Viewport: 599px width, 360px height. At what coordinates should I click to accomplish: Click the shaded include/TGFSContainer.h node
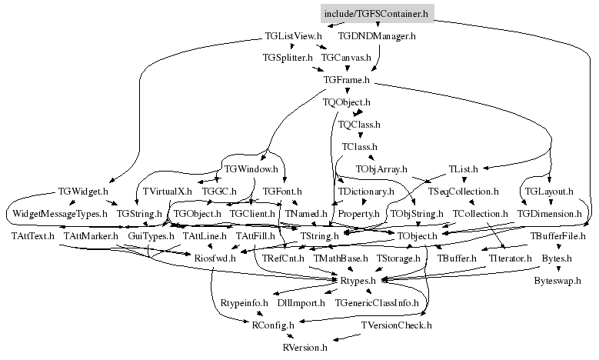coord(377,14)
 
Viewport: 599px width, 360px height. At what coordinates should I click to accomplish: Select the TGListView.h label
coord(294,36)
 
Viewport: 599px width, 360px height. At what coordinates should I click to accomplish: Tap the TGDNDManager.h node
coord(377,36)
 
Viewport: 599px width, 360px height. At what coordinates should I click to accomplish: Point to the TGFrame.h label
coord(347,80)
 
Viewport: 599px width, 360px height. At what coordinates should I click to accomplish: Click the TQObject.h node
coord(347,102)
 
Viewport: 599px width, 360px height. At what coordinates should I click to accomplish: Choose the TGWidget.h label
coord(83,191)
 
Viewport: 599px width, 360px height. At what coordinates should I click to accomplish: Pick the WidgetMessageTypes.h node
coord(60,214)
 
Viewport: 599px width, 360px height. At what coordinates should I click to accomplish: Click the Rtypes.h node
coord(358,281)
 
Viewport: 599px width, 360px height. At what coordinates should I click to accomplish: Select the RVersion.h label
coord(304,348)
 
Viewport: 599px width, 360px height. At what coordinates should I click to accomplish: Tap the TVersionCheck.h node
coord(397,325)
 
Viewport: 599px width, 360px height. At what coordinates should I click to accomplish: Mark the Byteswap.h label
coord(557,281)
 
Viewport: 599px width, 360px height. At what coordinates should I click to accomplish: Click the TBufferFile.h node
coord(557,236)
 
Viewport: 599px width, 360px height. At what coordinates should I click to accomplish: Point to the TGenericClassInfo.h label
coord(377,302)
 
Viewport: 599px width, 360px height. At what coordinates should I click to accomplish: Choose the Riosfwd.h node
coord(215,258)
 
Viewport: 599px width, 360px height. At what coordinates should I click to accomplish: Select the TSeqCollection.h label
coord(463,191)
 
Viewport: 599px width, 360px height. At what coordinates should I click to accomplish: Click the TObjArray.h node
coord(381,169)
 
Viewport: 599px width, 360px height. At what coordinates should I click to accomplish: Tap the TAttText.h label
coord(33,236)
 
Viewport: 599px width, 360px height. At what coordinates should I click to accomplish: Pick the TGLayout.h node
coord(549,191)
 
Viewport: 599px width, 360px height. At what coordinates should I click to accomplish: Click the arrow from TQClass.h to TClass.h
coord(360,135)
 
